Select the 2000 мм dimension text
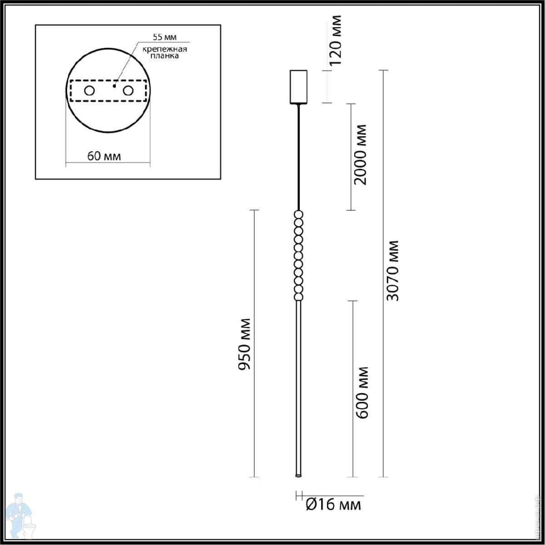[x=360, y=154]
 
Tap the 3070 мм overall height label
[x=392, y=271]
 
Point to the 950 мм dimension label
[x=244, y=344]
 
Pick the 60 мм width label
[x=104, y=156]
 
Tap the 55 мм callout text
[x=164, y=37]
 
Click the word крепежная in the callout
[x=164, y=49]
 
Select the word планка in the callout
[x=164, y=55]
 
